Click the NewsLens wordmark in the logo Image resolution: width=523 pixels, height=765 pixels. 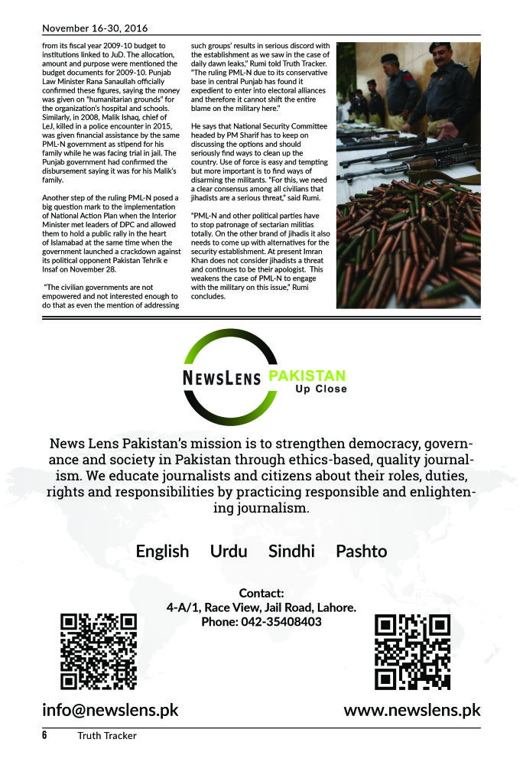coord(222,376)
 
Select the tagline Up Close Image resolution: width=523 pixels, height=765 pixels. coord(321,389)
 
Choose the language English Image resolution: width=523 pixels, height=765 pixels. coord(162,551)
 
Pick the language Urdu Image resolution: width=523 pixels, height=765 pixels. coord(229,551)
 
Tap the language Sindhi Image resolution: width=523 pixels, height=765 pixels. coord(291,551)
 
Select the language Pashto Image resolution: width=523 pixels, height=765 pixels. coord(361,551)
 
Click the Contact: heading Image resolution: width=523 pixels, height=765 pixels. coord(261,593)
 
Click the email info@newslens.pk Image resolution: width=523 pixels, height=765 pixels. coord(110,710)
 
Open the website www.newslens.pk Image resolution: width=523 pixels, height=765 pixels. coord(412,710)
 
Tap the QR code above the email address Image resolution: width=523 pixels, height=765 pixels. coord(99,652)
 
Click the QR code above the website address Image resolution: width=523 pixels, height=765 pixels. coord(412,652)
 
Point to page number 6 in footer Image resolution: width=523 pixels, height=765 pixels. coord(45,736)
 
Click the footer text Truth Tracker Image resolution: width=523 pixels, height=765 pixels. coord(106,736)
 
